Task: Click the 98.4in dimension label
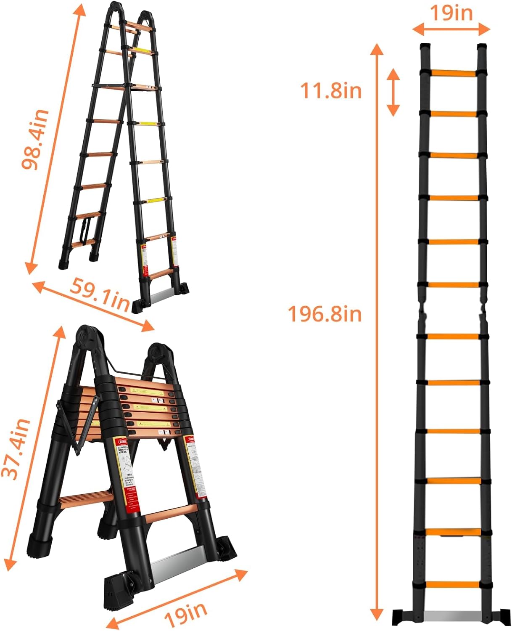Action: [35, 139]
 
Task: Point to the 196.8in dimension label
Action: [324, 314]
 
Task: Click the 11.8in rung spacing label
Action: [330, 91]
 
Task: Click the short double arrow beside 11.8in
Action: [393, 92]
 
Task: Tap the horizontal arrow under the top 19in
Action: [451, 29]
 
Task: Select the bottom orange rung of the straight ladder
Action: [452, 585]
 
